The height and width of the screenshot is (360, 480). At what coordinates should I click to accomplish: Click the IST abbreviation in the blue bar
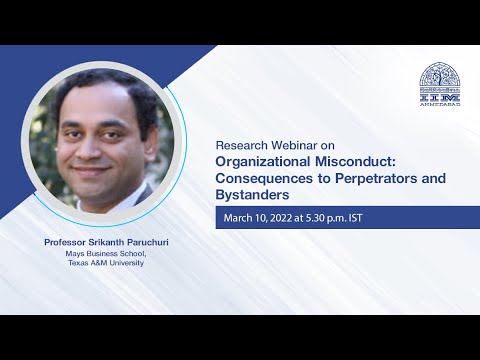pos(373,218)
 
